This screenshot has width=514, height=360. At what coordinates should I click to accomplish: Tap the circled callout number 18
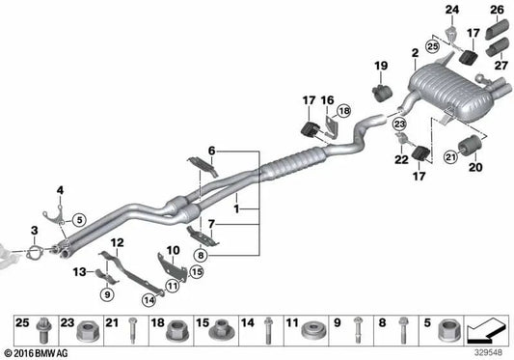coord(344,111)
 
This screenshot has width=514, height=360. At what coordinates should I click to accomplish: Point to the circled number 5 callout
coord(79,219)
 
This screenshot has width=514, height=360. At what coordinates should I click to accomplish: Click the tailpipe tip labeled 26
coord(497,29)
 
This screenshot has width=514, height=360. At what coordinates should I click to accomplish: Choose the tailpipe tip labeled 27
coord(497,48)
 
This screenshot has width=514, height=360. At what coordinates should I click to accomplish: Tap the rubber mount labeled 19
coord(382,93)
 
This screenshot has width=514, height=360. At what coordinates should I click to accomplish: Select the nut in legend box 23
coord(88,331)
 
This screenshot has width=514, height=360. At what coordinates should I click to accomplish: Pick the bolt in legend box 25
coord(42,330)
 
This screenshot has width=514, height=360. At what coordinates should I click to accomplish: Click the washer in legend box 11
coord(314,331)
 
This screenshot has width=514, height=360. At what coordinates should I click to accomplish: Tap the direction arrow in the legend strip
coord(487,329)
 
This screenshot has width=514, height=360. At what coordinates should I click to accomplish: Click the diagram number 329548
coord(488,353)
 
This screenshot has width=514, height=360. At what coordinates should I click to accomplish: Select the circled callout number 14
coord(149,300)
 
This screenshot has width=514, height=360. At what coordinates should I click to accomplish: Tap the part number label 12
coord(117,242)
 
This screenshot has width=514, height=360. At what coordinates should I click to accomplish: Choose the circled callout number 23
coord(399,124)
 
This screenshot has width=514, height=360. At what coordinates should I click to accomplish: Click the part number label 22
coord(401,160)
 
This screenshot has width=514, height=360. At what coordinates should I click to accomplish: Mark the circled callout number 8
coord(201,255)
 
